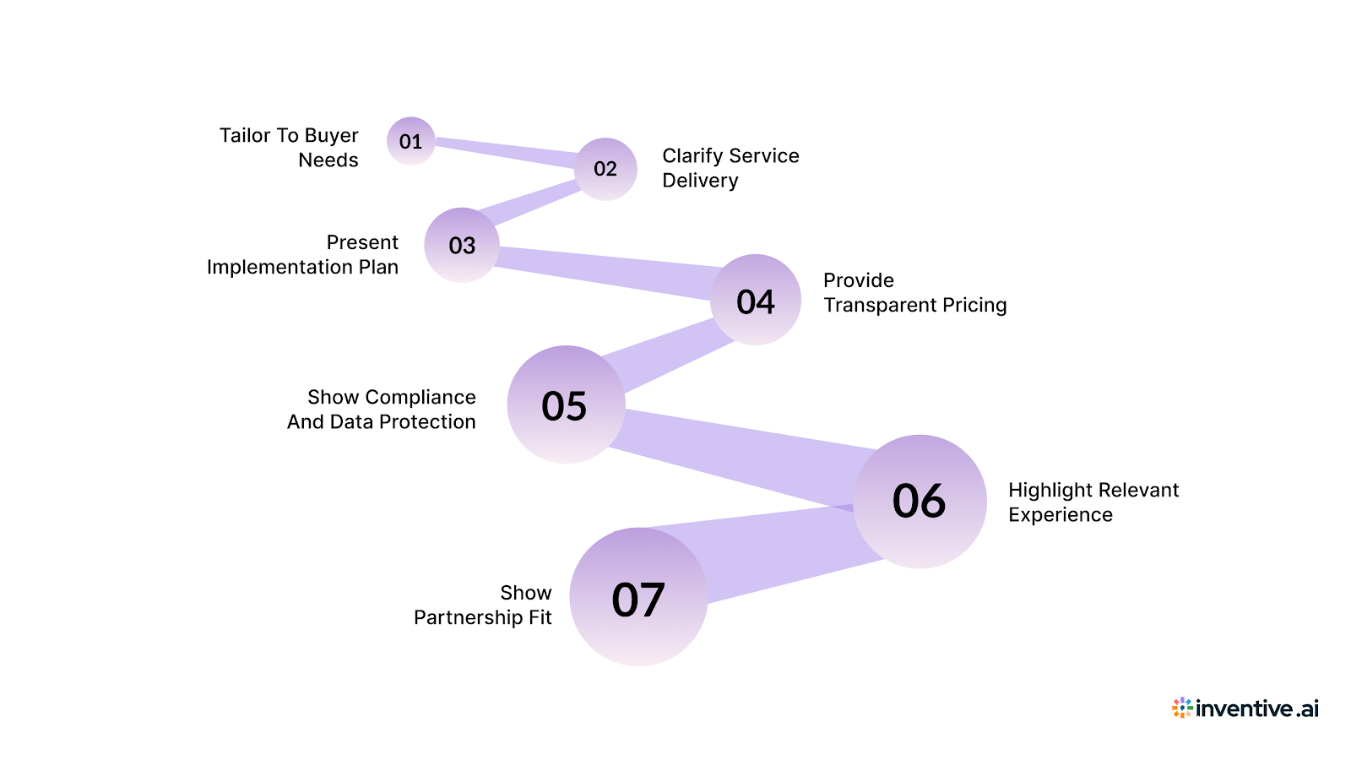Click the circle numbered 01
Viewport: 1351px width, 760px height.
click(x=411, y=141)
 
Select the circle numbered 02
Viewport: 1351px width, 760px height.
click(x=605, y=169)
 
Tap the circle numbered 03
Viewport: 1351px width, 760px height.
click(x=462, y=245)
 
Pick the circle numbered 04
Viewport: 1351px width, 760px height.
click(x=756, y=300)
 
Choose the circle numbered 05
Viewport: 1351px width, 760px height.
click(x=566, y=404)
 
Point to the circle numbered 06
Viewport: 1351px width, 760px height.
click(x=920, y=502)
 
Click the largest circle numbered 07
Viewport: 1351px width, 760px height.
click(x=638, y=598)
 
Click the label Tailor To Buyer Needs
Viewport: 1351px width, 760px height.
click(x=289, y=148)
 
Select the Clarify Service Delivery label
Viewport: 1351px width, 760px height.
click(x=730, y=168)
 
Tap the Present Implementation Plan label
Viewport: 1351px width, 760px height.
click(x=302, y=255)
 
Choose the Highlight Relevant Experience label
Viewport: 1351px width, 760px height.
click(x=1093, y=502)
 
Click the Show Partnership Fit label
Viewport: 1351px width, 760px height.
click(x=483, y=605)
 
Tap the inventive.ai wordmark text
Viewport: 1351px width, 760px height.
click(x=1257, y=708)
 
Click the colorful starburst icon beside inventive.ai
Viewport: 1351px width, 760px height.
click(x=1182, y=708)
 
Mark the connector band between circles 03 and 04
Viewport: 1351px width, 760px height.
click(x=604, y=271)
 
